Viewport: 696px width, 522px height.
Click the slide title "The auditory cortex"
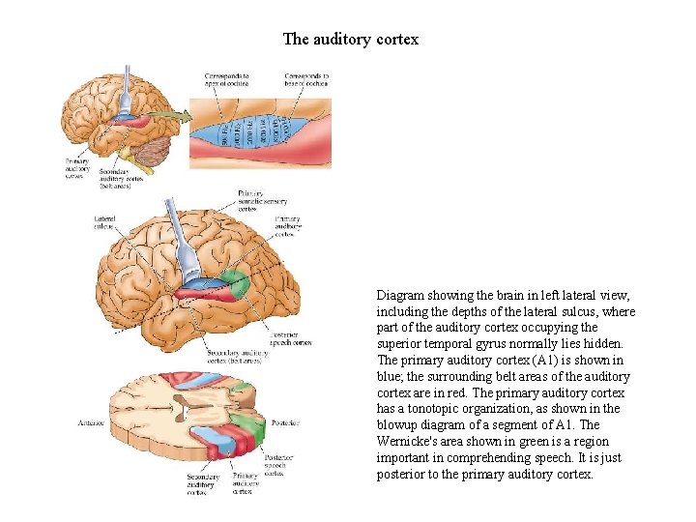tap(350, 40)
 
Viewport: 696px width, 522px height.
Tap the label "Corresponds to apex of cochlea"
tap(226, 79)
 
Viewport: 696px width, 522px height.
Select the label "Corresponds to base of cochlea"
tap(306, 79)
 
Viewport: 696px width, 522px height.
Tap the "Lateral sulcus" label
tap(105, 223)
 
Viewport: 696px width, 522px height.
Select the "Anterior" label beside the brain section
tap(92, 423)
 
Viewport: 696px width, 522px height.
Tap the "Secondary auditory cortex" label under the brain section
tap(204, 483)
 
